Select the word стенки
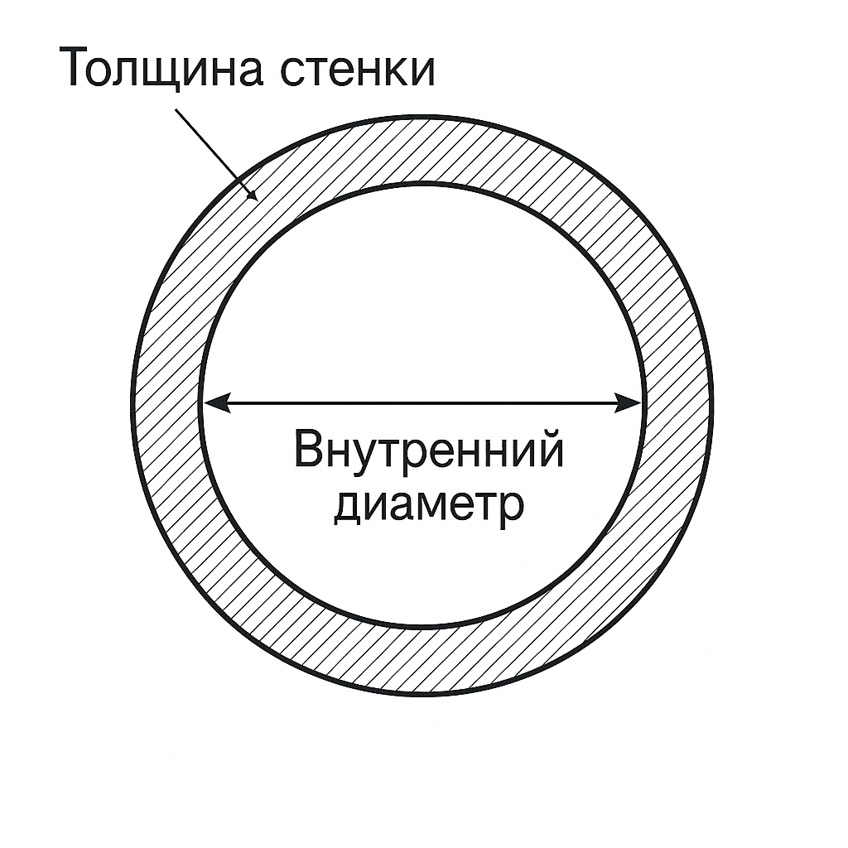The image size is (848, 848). (357, 70)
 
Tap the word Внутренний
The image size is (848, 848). (428, 452)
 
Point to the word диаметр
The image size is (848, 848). (428, 503)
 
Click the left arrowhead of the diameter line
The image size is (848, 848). (214, 403)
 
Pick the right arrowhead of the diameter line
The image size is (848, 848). (632, 403)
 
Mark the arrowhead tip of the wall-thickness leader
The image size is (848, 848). (257, 199)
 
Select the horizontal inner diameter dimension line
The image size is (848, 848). (422, 403)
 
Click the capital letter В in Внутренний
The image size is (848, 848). (309, 450)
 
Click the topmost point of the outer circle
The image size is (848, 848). (422, 118)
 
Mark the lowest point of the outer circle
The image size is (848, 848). (422, 694)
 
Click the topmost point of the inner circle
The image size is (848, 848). (422, 183)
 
